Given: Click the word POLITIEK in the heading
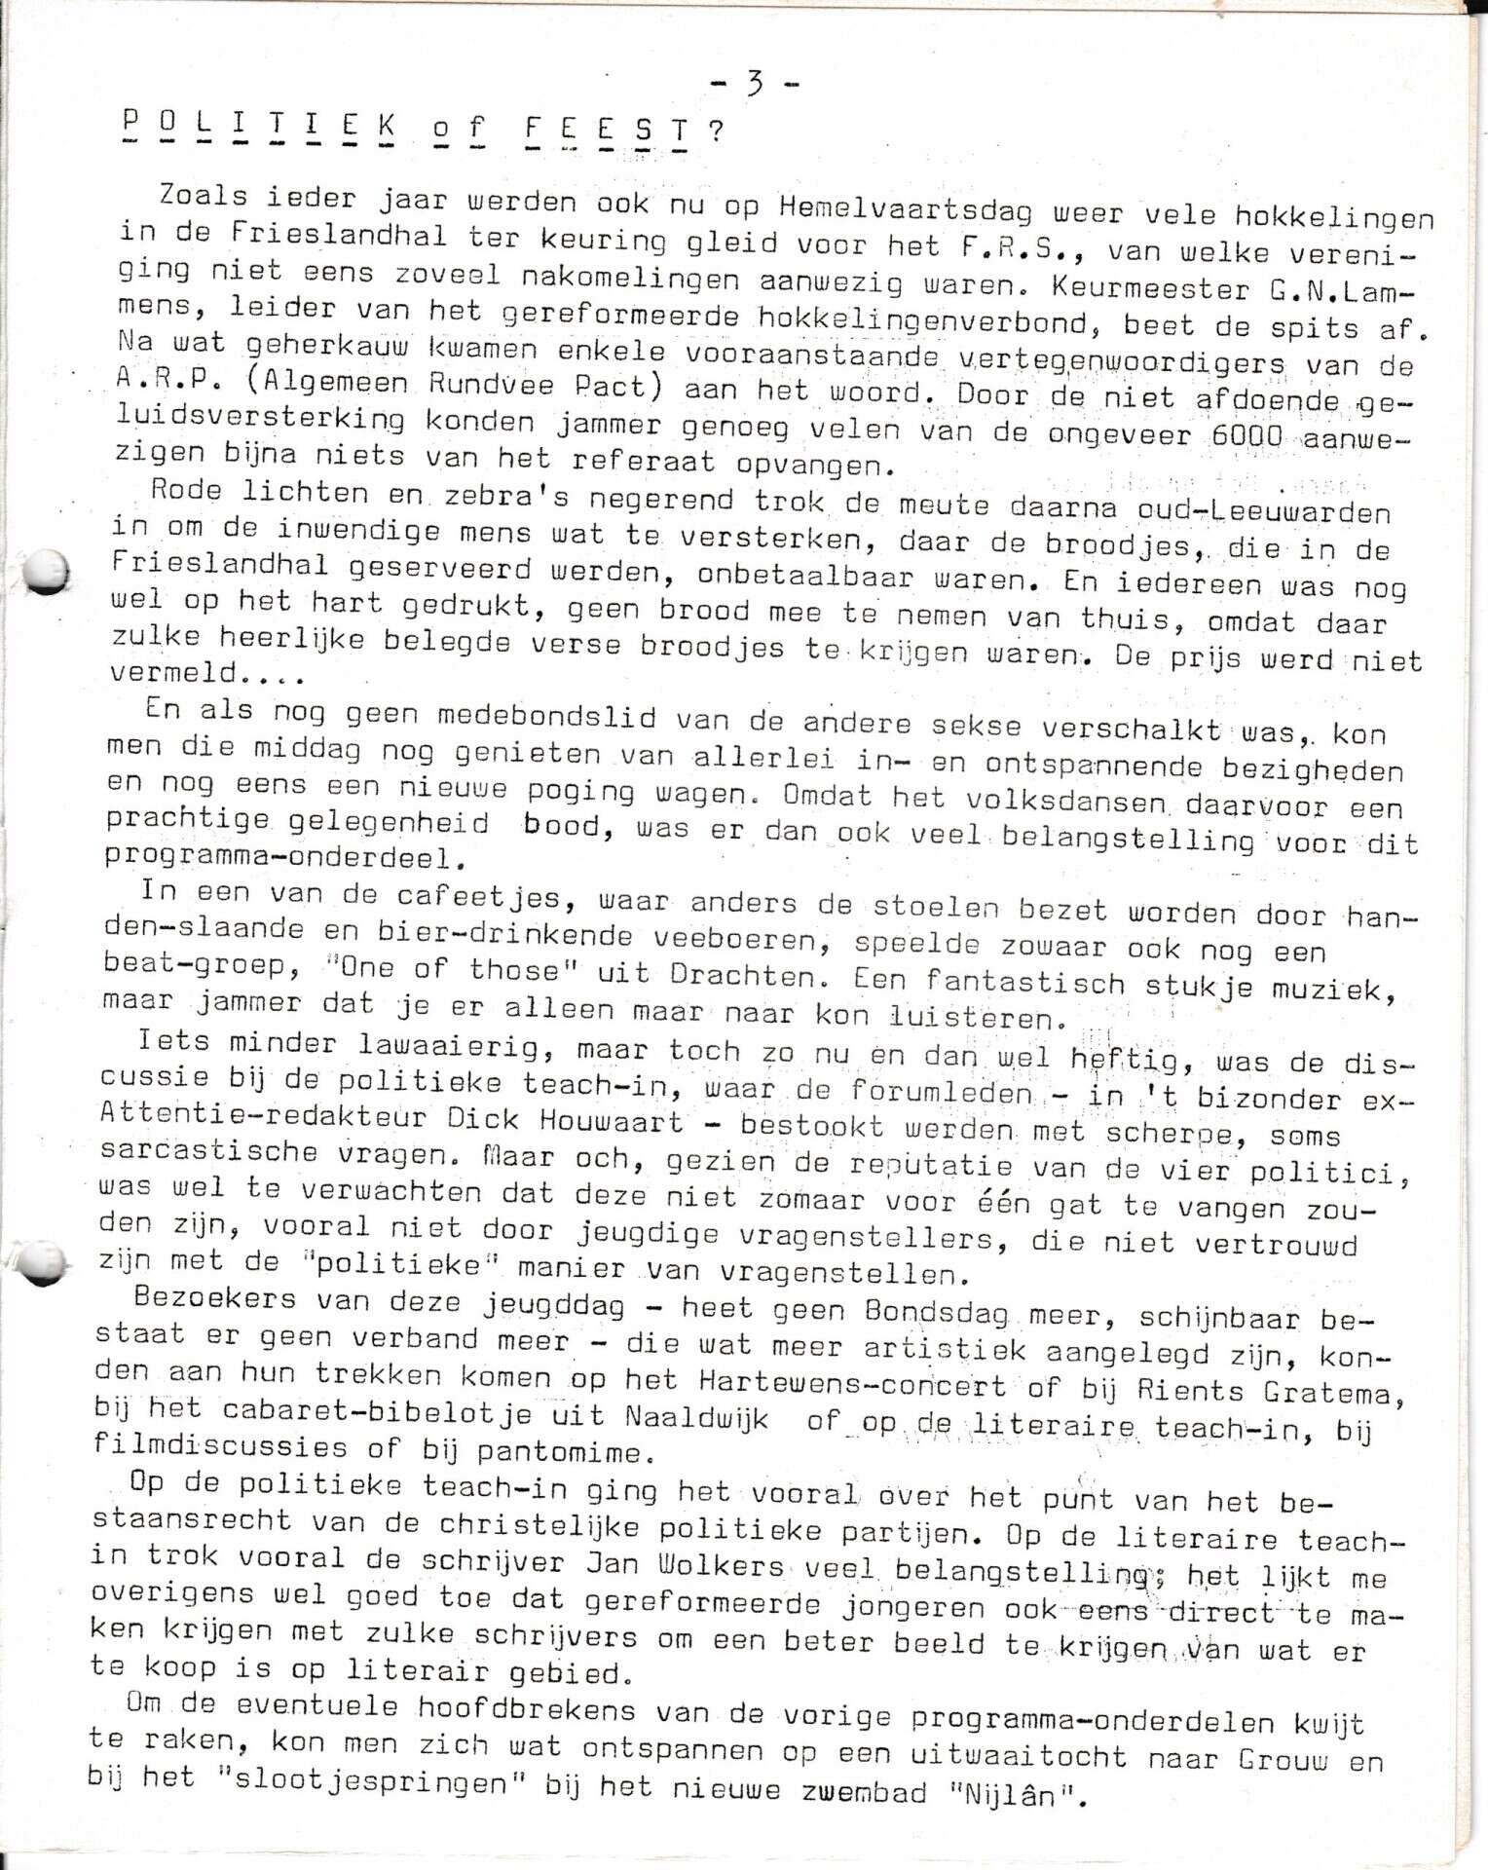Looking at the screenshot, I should pos(262,126).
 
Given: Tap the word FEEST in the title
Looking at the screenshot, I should pos(606,130).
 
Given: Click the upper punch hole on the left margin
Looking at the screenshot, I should pos(46,573).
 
